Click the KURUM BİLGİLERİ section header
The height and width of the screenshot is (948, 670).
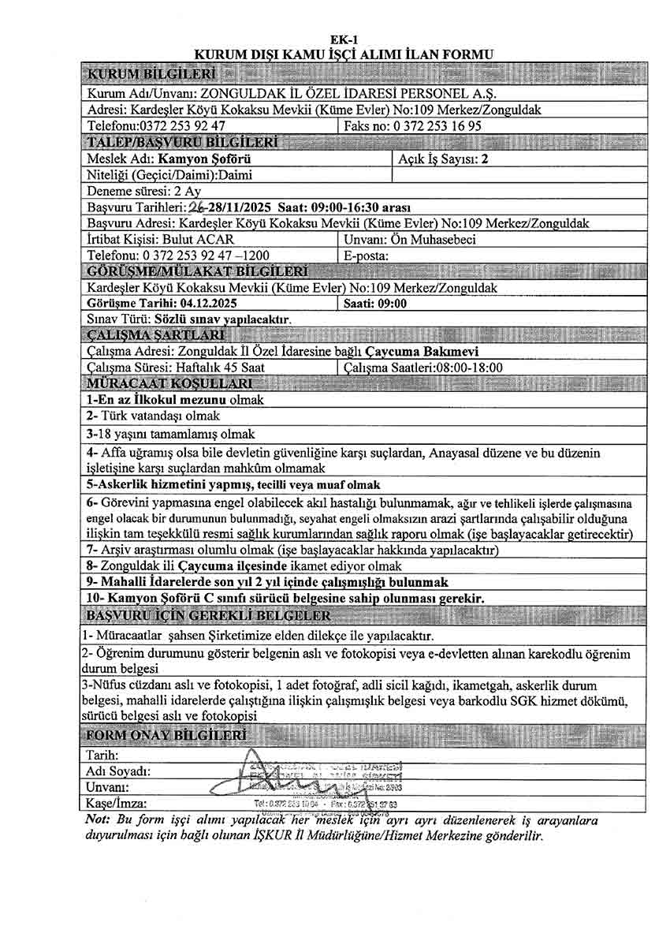coord(152,75)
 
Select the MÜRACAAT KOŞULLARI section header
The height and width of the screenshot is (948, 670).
coord(169,383)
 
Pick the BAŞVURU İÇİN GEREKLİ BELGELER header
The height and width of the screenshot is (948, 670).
coord(208,614)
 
